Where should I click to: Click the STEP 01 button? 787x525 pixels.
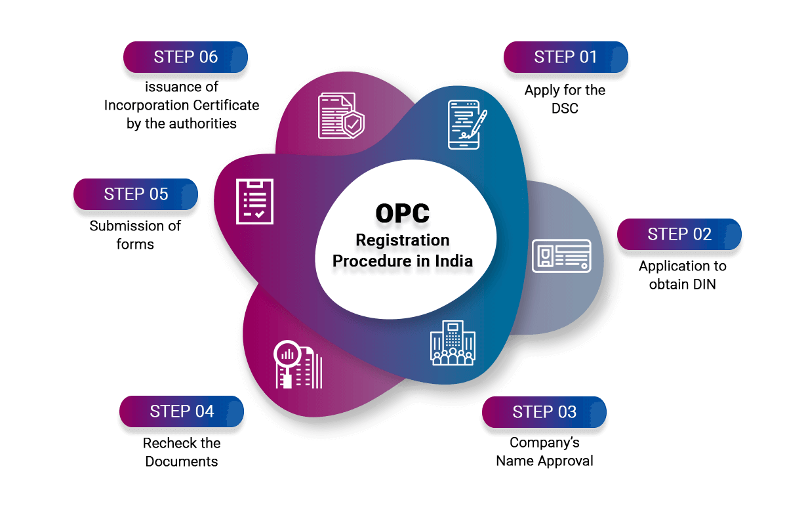pyautogui.click(x=565, y=57)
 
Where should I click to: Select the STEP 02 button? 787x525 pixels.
pyautogui.click(x=679, y=234)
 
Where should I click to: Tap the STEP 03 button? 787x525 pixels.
pyautogui.click(x=544, y=412)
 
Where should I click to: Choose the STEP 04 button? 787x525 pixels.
pyautogui.click(x=182, y=411)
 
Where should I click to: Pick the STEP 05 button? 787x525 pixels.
pyautogui.click(x=136, y=194)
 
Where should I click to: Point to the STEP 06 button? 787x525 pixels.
pyautogui.click(x=186, y=57)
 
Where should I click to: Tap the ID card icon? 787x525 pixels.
pyautogui.click(x=561, y=257)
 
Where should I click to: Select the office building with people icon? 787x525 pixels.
pyautogui.click(x=453, y=343)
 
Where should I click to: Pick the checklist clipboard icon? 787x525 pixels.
pyautogui.click(x=254, y=201)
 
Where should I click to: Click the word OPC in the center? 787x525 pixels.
pyautogui.click(x=402, y=213)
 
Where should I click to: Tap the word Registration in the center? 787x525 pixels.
pyautogui.click(x=402, y=240)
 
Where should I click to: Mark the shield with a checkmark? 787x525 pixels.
pyautogui.click(x=353, y=125)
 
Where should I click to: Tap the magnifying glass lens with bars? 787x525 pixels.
pyautogui.click(x=287, y=354)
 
